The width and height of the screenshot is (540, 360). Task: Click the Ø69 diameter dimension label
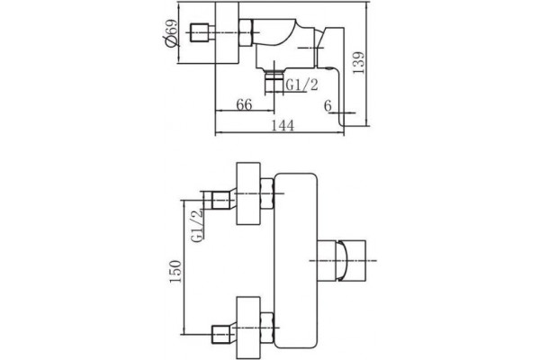click(x=171, y=32)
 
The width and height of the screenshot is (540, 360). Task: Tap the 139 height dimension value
click(x=358, y=62)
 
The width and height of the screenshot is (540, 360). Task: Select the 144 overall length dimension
click(x=283, y=125)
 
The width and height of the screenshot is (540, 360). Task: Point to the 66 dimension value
click(x=244, y=104)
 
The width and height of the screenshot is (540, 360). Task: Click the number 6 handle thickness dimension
click(x=328, y=105)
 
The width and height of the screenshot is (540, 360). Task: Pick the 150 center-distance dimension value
click(x=175, y=272)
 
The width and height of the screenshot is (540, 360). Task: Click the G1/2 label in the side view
click(x=302, y=85)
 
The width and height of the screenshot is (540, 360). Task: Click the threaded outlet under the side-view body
click(x=274, y=81)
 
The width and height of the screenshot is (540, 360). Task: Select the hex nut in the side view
click(x=247, y=32)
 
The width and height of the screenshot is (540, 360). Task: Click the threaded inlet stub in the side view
click(x=201, y=32)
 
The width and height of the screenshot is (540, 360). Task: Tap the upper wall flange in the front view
click(x=248, y=193)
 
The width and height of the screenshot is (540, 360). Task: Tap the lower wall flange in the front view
click(x=248, y=328)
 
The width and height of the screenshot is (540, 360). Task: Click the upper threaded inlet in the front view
click(x=220, y=201)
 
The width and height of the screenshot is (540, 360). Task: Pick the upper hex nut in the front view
click(x=267, y=193)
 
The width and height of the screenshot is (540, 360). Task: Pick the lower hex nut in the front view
click(x=267, y=328)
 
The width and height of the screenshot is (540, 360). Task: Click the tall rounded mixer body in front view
click(x=295, y=260)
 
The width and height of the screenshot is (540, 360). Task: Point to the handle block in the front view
click(x=341, y=260)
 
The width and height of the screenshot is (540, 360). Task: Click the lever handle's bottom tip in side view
click(x=343, y=125)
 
